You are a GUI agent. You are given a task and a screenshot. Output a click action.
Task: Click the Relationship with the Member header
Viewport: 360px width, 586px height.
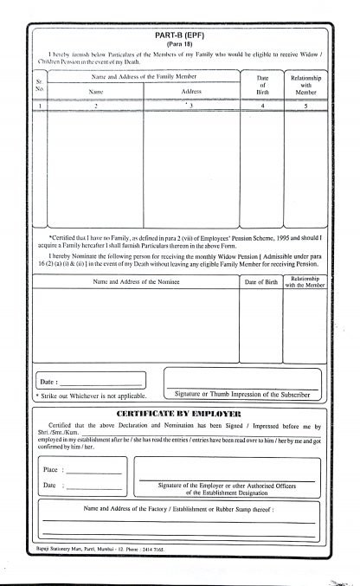click(305, 282)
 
